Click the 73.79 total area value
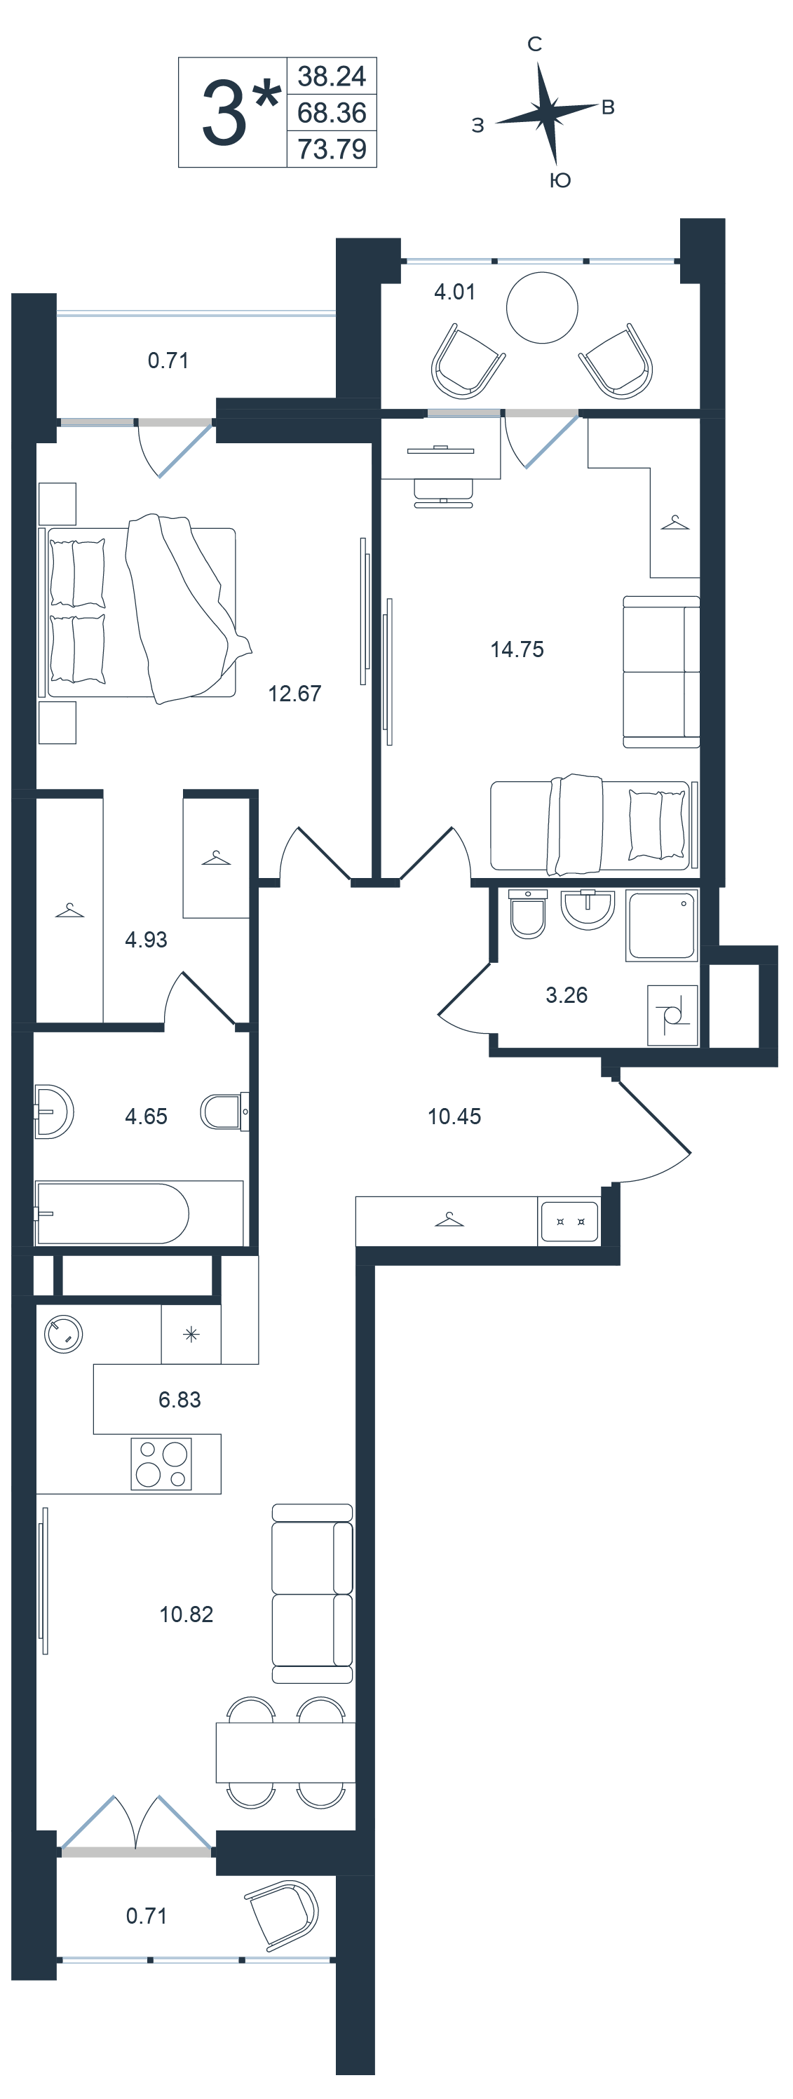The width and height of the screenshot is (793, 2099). (x=332, y=149)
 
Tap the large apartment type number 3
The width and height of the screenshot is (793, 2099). (x=224, y=114)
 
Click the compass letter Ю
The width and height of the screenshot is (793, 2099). (x=560, y=180)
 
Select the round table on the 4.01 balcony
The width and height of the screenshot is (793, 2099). (x=542, y=308)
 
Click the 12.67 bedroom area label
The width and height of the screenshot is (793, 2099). (x=294, y=694)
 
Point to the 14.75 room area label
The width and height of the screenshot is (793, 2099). (x=517, y=649)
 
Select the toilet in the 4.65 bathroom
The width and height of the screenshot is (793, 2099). (x=224, y=1112)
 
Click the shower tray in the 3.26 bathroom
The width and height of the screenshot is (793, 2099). (x=662, y=925)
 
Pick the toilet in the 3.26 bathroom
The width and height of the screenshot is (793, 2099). (x=527, y=913)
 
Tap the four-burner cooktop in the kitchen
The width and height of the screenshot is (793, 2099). (x=161, y=1464)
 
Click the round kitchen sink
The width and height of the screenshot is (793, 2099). (x=64, y=1335)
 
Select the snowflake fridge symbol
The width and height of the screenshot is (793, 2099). (x=191, y=1335)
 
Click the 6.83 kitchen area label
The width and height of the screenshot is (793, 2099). (x=179, y=1399)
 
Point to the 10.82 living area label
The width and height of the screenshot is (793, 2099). (x=186, y=1614)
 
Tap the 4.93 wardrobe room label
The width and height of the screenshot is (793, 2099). (x=146, y=940)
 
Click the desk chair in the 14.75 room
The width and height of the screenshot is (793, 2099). (x=443, y=492)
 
